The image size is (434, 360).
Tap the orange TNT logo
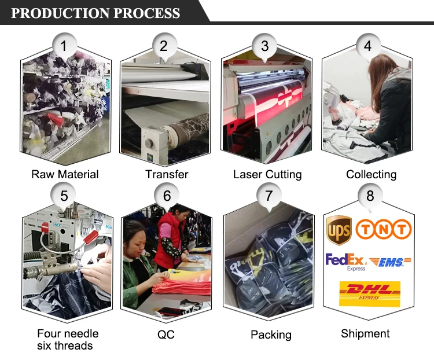point(384,229)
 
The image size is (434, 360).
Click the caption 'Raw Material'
point(65,174)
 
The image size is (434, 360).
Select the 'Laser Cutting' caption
point(267,174)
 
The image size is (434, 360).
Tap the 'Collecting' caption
point(371,174)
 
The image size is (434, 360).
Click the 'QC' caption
point(165,335)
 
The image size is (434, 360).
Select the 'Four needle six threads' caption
point(65,340)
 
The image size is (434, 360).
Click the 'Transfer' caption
point(167,174)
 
